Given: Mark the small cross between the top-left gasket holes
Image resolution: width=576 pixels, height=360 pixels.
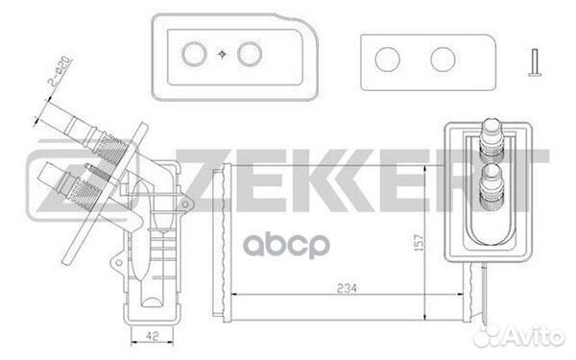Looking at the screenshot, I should click(x=223, y=52).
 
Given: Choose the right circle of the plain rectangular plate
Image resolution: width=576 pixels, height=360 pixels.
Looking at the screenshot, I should click(x=443, y=60).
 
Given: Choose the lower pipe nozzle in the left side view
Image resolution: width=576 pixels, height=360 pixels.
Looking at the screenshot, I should click(x=60, y=180).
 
